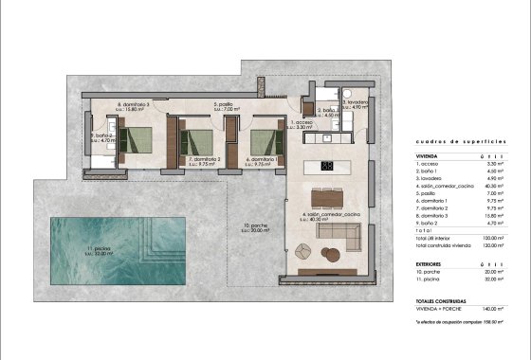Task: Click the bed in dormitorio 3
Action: coord(138,140)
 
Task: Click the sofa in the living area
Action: coord(336,233)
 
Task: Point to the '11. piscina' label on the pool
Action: coord(100,250)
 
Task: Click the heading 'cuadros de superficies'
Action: coord(461,140)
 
